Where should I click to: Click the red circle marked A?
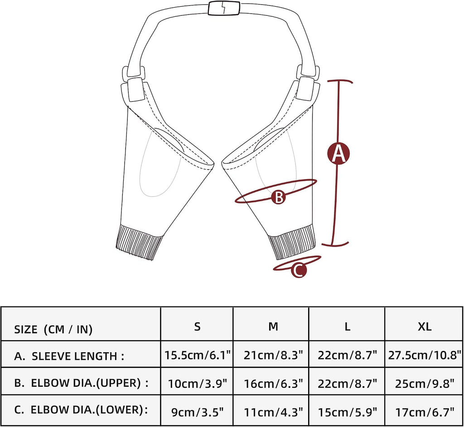(338, 153)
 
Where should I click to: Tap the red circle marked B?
(279, 197)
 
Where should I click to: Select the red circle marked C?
(299, 270)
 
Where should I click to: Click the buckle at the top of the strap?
(224, 8)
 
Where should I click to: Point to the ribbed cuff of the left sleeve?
(140, 242)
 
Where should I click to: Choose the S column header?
(197, 326)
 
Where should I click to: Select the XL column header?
(424, 327)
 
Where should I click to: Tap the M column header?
(273, 326)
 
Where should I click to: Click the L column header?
(348, 327)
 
